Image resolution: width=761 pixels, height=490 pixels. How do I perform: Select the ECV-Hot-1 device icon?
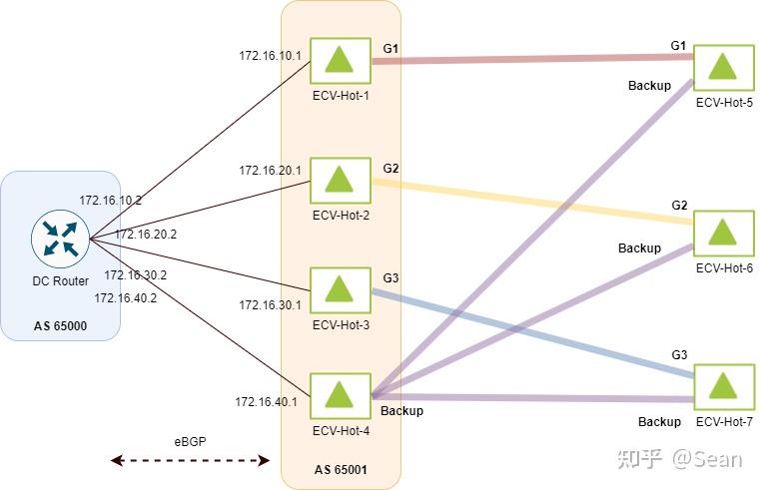pyautogui.click(x=341, y=62)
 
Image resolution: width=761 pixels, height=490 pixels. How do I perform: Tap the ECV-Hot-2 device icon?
pyautogui.click(x=341, y=181)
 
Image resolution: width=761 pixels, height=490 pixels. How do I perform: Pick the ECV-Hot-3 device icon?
pyautogui.click(x=341, y=291)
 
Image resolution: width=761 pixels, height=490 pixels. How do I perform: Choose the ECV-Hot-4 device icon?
pyautogui.click(x=341, y=396)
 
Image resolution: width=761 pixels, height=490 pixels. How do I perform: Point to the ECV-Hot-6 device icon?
pyautogui.click(x=724, y=233)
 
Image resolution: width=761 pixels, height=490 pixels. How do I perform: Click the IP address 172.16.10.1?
pyautogui.click(x=270, y=55)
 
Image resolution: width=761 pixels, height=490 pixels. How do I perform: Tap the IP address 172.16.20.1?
pyautogui.click(x=270, y=171)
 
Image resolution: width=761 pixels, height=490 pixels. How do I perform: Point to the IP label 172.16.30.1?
pyautogui.click(x=270, y=304)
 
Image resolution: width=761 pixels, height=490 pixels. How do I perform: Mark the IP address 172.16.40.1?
pyautogui.click(x=267, y=402)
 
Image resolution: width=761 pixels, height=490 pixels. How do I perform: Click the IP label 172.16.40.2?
pyautogui.click(x=126, y=297)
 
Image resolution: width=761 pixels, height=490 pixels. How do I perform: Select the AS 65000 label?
pyautogui.click(x=61, y=325)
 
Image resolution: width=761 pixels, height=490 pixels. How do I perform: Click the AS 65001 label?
pyautogui.click(x=342, y=469)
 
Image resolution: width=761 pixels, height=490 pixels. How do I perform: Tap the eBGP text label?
pyautogui.click(x=189, y=440)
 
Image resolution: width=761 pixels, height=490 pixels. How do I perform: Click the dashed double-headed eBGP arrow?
pyautogui.click(x=190, y=460)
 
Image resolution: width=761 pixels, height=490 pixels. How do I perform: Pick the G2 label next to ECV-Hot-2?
pyautogui.click(x=390, y=168)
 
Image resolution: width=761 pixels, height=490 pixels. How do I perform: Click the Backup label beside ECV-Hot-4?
pyautogui.click(x=401, y=410)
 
